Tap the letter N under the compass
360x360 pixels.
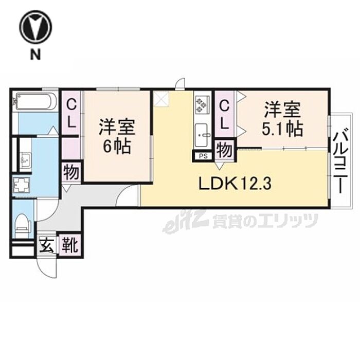coord(35,56)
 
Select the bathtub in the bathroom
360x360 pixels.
coord(34,101)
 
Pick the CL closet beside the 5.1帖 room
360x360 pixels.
coord(225,115)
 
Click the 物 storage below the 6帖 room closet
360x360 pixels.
coord(71,172)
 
